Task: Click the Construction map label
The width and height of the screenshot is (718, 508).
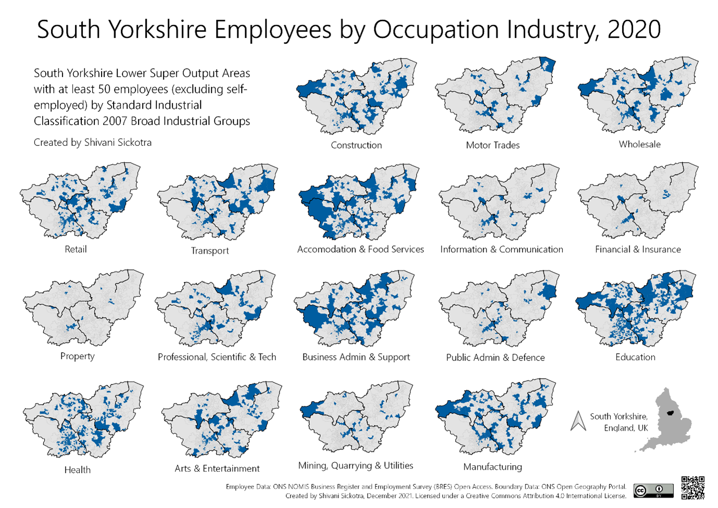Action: coord(356,145)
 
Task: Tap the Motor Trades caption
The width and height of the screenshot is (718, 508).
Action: coord(493,145)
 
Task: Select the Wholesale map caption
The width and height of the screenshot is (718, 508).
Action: coord(639,144)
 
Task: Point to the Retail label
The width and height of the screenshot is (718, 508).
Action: coord(75,250)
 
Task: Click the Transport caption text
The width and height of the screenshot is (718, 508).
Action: coord(209,251)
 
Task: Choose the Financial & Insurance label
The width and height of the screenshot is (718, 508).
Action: coord(638,250)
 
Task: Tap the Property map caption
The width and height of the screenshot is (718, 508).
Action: coord(77,356)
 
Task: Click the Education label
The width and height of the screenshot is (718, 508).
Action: coord(635,357)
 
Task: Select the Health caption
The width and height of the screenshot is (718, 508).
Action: coord(77,470)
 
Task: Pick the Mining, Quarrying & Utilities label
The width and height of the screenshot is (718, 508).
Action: coord(356,466)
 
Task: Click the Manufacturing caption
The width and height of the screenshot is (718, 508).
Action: coord(493,467)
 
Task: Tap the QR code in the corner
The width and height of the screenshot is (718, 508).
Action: coord(692,488)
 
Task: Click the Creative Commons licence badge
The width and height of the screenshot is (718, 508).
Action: coord(653,491)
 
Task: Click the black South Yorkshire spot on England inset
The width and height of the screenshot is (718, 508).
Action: coord(670,413)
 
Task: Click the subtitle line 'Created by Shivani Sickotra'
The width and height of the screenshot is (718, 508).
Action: coord(93,143)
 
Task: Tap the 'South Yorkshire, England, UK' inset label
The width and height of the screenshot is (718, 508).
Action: coord(619,422)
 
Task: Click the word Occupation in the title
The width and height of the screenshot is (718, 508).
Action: coord(436,30)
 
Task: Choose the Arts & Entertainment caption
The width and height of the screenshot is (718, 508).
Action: coord(217,469)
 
